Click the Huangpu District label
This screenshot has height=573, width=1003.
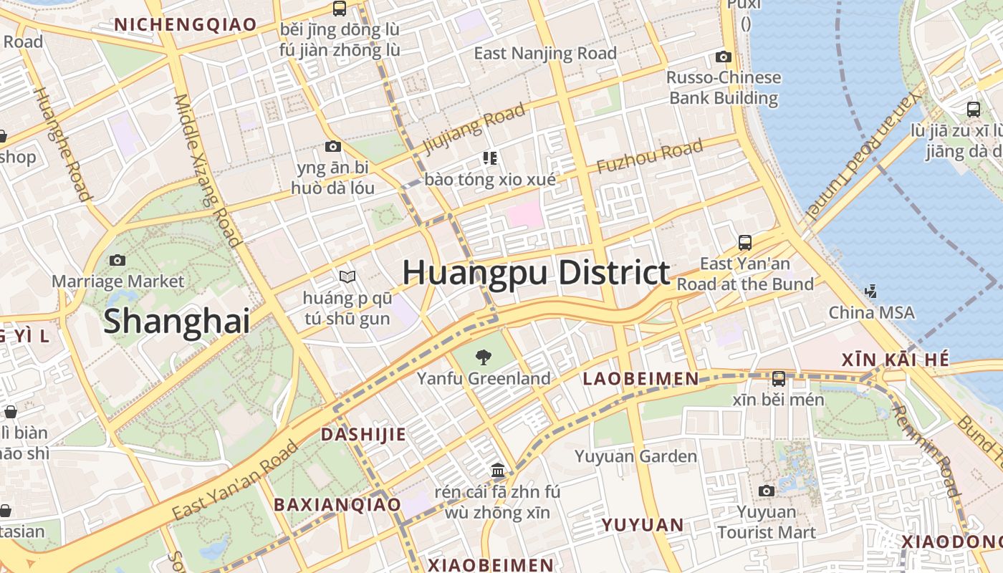pos(536,274)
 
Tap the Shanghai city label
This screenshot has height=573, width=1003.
pos(177,322)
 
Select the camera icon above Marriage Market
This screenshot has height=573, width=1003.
pos(117,261)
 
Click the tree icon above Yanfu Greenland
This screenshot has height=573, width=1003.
pos(484,356)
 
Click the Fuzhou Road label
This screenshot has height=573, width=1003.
pos(649,157)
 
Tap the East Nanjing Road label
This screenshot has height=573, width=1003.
pos(545,54)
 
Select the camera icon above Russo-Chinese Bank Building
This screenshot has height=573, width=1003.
pos(724,57)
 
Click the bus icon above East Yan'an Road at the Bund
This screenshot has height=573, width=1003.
pos(745,243)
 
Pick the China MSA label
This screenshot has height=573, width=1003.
pos(871,313)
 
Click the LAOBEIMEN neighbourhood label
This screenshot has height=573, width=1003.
pos(640,379)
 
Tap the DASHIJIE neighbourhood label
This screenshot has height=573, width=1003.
pos(363,435)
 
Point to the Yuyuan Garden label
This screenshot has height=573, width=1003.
pos(635,456)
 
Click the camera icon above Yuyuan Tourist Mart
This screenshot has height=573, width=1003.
pos(767,491)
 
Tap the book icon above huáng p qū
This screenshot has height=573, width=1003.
pos(347,276)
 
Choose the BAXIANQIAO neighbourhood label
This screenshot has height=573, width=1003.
pos(337,504)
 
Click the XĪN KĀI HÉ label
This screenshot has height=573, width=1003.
pos(896,360)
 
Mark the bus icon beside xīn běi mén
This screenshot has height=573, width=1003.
pos(779,378)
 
